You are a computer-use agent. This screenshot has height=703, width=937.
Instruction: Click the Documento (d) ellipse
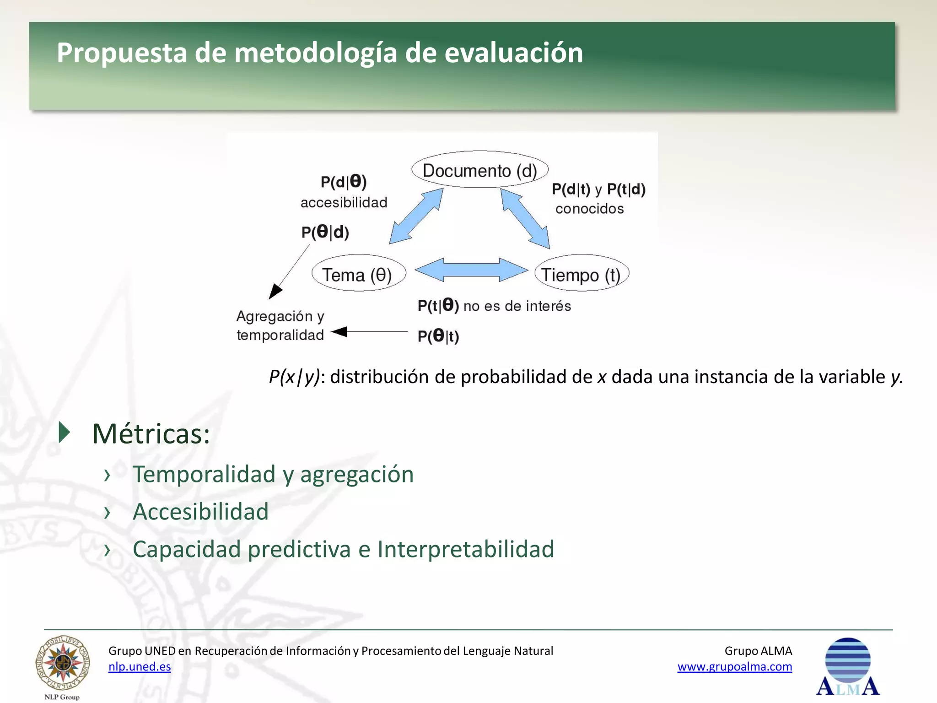pos(479,170)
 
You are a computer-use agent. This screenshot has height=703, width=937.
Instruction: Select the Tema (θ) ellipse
pos(358,274)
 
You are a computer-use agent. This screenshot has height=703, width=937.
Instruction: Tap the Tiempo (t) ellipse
pos(581,274)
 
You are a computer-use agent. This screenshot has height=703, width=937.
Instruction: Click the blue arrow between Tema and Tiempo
pos(471,270)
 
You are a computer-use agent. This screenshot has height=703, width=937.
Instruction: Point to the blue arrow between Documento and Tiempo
pos(525,218)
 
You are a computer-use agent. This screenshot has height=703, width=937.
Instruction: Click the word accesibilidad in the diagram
pos(344,202)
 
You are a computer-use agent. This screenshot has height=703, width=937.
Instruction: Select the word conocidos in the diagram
pos(589,209)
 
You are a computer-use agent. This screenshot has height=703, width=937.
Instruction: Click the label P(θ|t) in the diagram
pos(438,336)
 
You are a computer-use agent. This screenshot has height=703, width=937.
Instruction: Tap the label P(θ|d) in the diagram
pos(325,232)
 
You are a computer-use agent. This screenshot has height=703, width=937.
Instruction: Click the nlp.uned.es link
pos(140,666)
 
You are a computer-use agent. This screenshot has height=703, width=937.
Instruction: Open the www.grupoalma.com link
pos(734,666)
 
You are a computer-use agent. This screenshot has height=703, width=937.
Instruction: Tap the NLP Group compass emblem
pos(63,664)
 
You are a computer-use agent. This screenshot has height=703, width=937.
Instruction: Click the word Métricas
pos(151,433)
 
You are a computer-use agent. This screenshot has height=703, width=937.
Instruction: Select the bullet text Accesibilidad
pos(200,511)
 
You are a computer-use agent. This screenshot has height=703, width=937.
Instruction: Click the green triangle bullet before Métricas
pos(65,433)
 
